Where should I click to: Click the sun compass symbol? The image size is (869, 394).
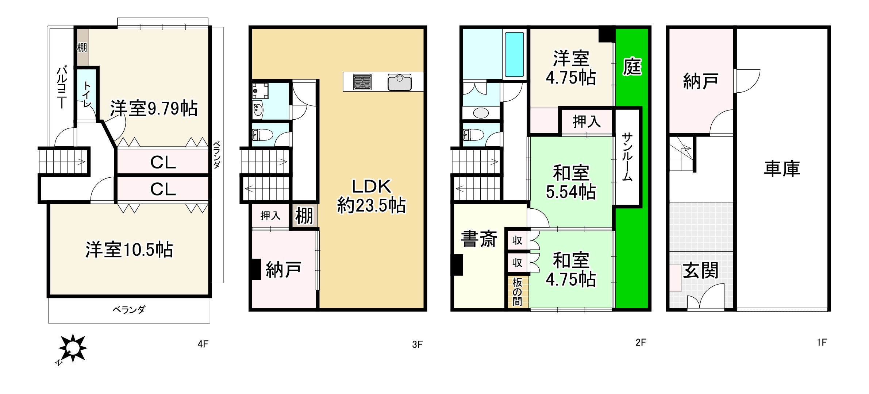point(73,348)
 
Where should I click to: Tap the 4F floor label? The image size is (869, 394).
point(203,344)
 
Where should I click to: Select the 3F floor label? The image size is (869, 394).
point(417,344)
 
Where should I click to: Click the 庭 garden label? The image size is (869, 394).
point(632,67)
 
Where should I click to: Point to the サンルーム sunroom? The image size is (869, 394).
point(627,157)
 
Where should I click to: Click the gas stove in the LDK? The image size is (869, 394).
point(362,82)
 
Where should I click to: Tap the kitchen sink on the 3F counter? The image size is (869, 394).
point(400,82)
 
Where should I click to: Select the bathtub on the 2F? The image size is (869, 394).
point(514,54)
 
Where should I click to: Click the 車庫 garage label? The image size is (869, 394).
point(782,169)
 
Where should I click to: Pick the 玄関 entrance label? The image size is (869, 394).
point(700,270)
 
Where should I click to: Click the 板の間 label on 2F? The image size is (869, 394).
point(517,292)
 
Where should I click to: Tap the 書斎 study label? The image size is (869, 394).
point(479,239)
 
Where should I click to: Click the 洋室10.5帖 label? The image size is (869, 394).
point(129,250)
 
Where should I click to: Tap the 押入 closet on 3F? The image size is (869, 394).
point(270,216)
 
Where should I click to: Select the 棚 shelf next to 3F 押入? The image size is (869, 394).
point(304,216)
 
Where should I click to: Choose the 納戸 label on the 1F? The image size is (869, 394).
point(700,81)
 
